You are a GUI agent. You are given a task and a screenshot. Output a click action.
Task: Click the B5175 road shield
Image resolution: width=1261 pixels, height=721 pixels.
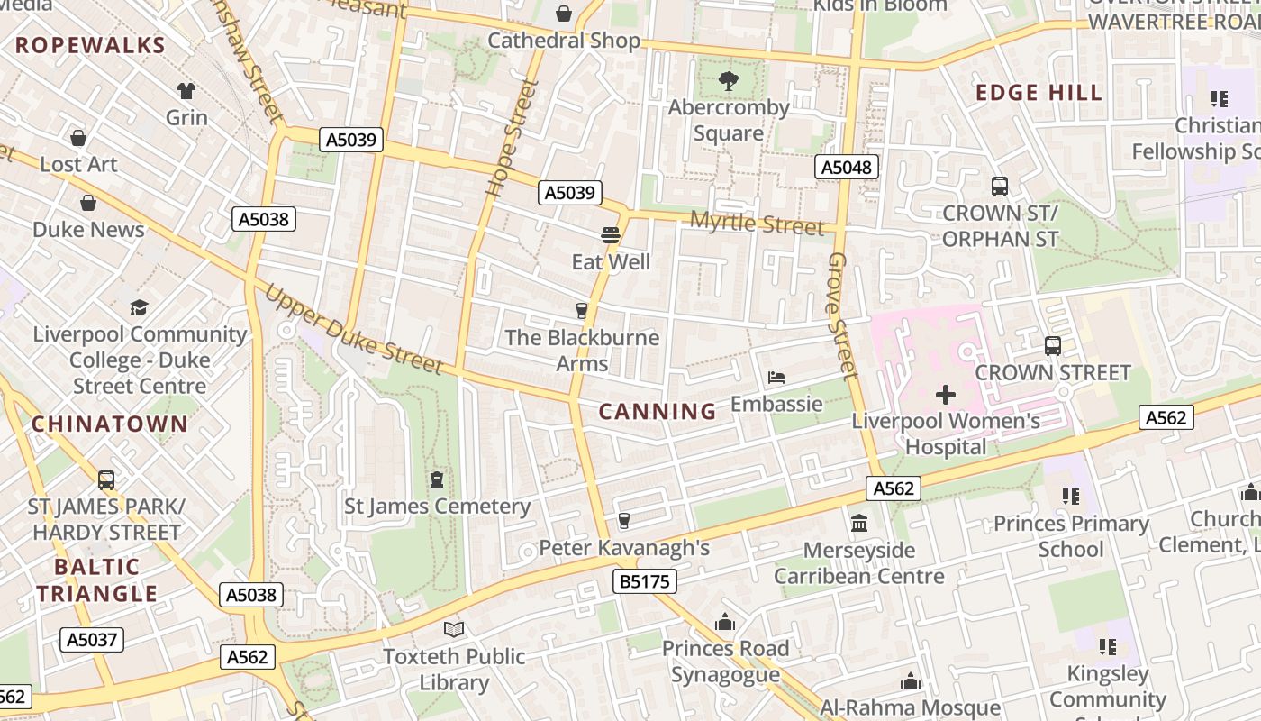(646, 581)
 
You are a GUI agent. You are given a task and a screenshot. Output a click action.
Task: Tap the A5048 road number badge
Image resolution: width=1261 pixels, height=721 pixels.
(847, 167)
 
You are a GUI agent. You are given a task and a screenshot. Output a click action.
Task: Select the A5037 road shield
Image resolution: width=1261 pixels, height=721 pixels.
(92, 640)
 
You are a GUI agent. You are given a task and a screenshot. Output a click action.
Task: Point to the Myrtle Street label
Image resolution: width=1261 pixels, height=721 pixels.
(757, 223)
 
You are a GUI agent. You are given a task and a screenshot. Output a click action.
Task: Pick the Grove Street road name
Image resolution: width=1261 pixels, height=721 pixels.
(839, 315)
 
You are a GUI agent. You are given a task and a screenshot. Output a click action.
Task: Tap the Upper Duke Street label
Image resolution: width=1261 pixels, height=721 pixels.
(354, 330)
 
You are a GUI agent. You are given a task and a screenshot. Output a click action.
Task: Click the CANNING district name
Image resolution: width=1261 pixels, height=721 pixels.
(658, 412)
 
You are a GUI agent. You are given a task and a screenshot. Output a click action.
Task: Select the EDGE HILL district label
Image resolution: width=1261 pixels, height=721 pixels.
(1039, 93)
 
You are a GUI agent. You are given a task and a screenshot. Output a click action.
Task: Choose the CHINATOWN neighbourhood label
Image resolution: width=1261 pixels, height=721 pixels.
(110, 424)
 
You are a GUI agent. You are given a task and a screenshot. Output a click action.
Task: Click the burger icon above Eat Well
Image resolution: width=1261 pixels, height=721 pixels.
(611, 236)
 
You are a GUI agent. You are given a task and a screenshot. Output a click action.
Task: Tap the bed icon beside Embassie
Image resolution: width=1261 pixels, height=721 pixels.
(776, 378)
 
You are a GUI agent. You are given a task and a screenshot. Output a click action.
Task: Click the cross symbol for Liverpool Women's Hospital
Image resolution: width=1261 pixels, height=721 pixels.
(946, 395)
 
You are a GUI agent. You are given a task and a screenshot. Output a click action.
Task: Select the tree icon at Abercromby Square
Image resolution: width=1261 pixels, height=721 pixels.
(729, 81)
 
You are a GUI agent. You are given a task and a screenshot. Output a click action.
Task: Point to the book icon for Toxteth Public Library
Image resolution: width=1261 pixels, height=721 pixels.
(454, 630)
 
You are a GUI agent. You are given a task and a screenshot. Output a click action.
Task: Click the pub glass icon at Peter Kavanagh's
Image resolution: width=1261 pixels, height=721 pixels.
(623, 521)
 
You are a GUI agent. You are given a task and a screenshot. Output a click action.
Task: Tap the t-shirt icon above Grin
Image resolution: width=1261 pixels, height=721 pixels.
(186, 91)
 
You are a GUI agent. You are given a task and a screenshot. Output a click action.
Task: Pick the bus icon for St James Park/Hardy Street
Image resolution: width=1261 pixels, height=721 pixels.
(106, 480)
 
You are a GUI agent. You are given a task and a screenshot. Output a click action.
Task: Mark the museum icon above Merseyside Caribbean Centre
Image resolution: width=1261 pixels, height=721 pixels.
(859, 524)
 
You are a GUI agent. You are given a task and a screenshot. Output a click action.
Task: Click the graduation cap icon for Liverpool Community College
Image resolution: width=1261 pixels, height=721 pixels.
(139, 308)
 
